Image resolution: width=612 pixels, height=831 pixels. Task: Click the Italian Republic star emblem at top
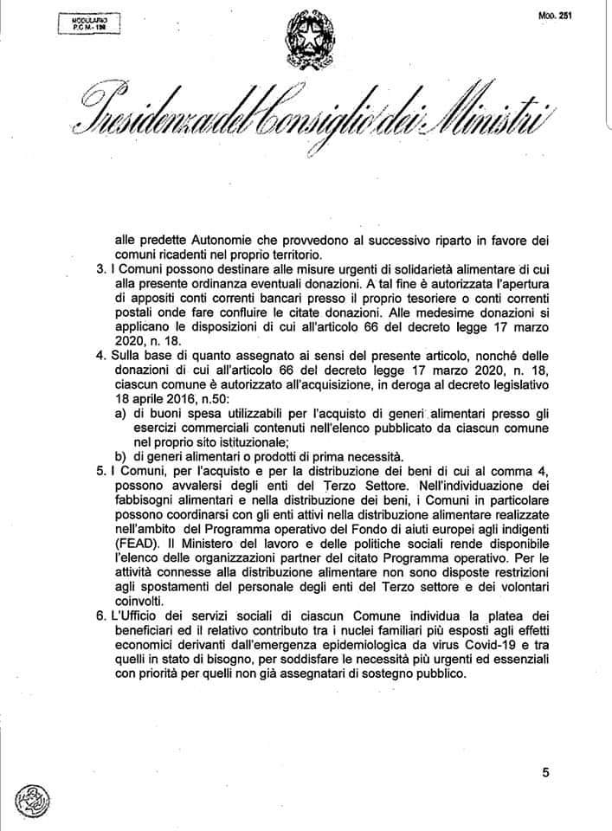point(306,35)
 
